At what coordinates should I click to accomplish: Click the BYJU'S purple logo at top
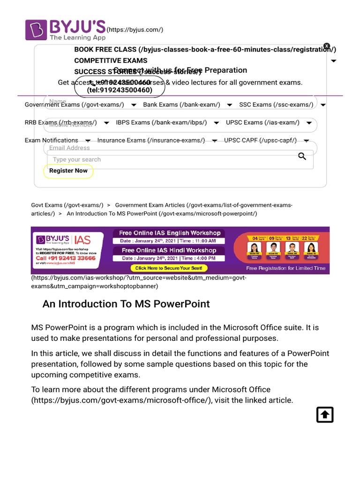point(65,30)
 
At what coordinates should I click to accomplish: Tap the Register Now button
point(68,171)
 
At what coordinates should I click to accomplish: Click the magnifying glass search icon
point(302,157)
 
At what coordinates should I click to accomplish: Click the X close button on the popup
point(327,46)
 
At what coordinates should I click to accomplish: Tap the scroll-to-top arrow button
point(325,415)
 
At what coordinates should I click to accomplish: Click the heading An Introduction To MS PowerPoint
point(126,304)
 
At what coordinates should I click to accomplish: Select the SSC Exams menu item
point(276,105)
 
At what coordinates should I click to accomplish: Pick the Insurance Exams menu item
point(151,141)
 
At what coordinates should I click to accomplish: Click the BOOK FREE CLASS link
point(204,50)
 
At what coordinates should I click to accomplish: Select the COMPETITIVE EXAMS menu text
point(111,60)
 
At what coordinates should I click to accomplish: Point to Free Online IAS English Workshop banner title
point(170,233)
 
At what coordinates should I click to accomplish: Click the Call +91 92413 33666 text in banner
point(66,258)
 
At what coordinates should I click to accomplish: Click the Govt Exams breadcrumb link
point(67,205)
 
